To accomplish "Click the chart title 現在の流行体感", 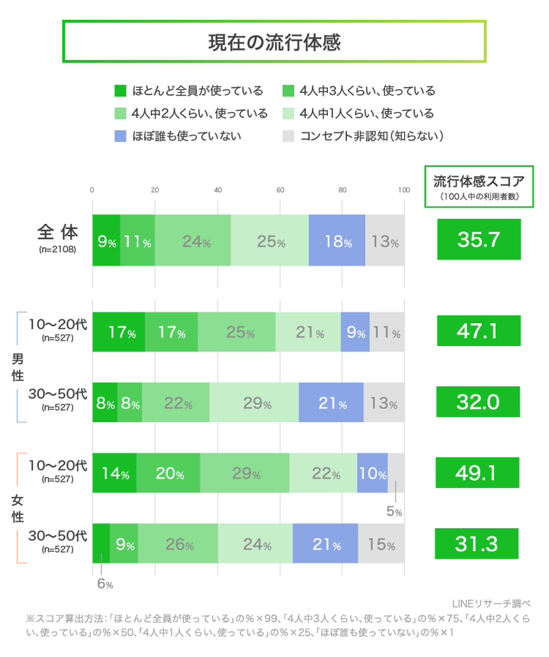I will click(274, 42).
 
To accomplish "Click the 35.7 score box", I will click(478, 239).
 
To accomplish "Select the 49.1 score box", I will click(478, 473).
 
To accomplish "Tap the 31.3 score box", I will click(478, 543).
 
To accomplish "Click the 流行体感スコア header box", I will click(479, 185).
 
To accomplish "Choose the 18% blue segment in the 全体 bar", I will click(336, 241).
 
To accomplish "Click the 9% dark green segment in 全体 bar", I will click(106, 241).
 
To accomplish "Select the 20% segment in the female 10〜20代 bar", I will click(168, 473).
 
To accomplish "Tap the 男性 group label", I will click(17, 366).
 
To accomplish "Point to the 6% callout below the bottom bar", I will click(104, 585).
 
